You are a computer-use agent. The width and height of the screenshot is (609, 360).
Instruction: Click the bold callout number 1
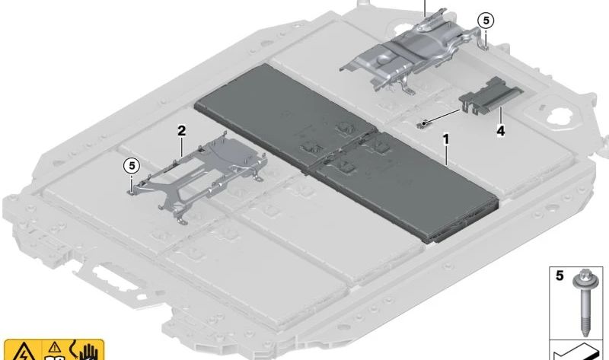click(x=446, y=139)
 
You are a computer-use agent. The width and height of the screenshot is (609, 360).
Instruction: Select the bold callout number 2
click(x=181, y=131)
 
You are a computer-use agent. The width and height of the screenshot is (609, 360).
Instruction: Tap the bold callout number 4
click(x=501, y=131)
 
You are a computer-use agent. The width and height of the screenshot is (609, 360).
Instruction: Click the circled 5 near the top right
click(x=486, y=20)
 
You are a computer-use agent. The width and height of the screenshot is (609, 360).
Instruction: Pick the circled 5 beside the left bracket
click(x=132, y=166)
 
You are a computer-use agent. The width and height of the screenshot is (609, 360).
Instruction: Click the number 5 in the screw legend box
click(x=560, y=276)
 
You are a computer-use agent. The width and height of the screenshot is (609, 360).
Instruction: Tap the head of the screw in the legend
click(x=582, y=278)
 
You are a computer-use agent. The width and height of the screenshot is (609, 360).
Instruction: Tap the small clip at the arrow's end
click(x=422, y=124)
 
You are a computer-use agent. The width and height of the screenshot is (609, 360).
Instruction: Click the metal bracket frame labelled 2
click(x=198, y=177)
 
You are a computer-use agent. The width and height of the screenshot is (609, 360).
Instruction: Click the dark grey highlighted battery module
click(x=346, y=153)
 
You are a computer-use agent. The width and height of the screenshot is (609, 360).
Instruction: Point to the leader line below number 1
click(x=446, y=156)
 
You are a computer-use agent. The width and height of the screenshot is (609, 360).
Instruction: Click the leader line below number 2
click(x=181, y=148)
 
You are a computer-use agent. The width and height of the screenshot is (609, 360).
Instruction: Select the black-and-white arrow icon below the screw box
click(x=576, y=351)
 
